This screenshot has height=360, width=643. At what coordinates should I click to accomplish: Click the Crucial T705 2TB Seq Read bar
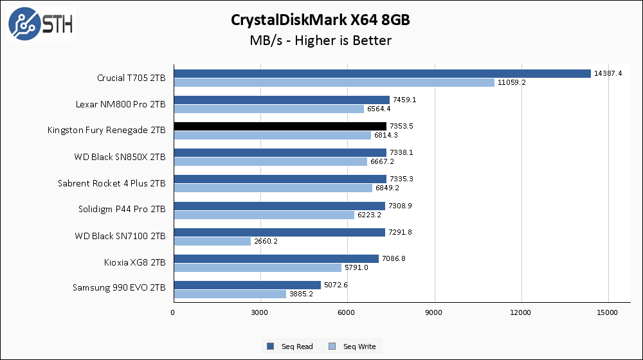click(382, 73)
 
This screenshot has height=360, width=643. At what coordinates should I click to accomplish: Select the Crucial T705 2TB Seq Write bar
click(334, 82)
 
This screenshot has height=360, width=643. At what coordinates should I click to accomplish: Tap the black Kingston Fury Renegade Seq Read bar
click(280, 126)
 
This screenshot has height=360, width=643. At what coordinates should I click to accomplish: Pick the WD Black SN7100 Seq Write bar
click(212, 241)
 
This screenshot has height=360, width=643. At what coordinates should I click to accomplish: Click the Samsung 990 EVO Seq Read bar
click(247, 285)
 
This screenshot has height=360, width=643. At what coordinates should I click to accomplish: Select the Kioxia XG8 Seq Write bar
click(257, 267)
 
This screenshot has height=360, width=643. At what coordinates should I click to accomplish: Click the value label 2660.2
click(267, 241)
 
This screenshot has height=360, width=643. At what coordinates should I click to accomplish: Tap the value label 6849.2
click(388, 188)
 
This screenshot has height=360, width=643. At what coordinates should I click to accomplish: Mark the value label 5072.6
click(337, 285)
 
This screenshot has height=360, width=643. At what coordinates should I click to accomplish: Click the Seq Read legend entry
click(290, 346)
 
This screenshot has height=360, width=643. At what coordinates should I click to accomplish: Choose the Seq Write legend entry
click(352, 346)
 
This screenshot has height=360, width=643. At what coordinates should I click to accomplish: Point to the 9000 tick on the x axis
click(435, 312)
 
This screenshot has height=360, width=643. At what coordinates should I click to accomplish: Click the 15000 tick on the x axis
click(608, 312)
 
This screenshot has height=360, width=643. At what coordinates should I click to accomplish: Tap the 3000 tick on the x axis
click(260, 312)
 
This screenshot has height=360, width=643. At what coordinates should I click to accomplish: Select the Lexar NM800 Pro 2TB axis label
click(122, 104)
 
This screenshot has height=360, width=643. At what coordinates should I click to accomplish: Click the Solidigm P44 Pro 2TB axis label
click(122, 209)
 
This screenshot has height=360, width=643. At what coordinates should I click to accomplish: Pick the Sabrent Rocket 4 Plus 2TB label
click(112, 183)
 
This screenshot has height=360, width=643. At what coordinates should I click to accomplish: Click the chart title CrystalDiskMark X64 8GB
click(321, 21)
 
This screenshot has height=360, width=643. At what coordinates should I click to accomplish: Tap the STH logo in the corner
click(40, 24)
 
